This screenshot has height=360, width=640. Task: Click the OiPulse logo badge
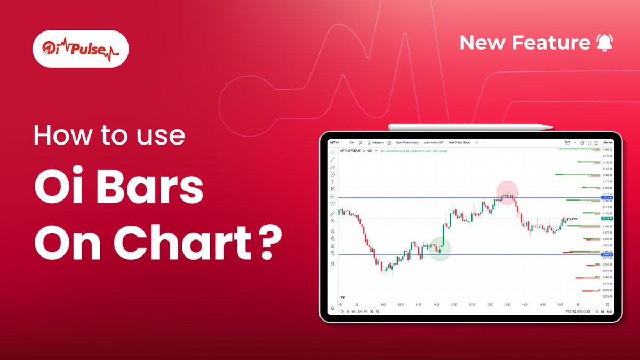pyautogui.click(x=80, y=49)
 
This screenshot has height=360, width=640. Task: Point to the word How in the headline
pyautogui.click(x=60, y=137)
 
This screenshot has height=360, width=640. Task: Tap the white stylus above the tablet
pyautogui.click(x=470, y=127)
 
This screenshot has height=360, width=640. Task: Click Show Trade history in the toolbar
pyautogui.click(x=407, y=143)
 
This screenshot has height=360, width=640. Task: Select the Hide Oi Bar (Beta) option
pyautogui.click(x=459, y=143)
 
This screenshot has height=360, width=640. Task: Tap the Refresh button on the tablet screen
pyautogui.click(x=608, y=143)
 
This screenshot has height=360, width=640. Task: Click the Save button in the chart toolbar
pyautogui.click(x=567, y=142)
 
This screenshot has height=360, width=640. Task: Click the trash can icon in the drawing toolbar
pyautogui.click(x=333, y=263)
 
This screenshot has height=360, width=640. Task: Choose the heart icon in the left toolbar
pyautogui.click(x=333, y=204)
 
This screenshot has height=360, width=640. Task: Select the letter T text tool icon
pyautogui.click(x=333, y=182)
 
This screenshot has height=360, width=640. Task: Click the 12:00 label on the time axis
pyautogui.click(x=454, y=305)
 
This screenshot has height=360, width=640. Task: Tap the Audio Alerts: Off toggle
pyautogui.click(x=434, y=143)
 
